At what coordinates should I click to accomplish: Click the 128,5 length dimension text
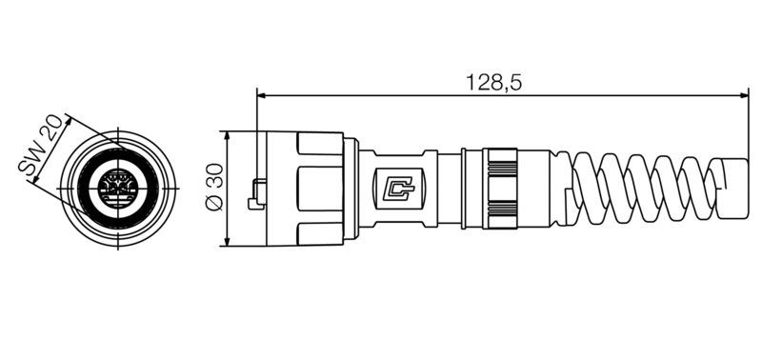click(x=494, y=82)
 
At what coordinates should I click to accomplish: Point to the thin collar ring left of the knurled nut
click(x=466, y=188)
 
